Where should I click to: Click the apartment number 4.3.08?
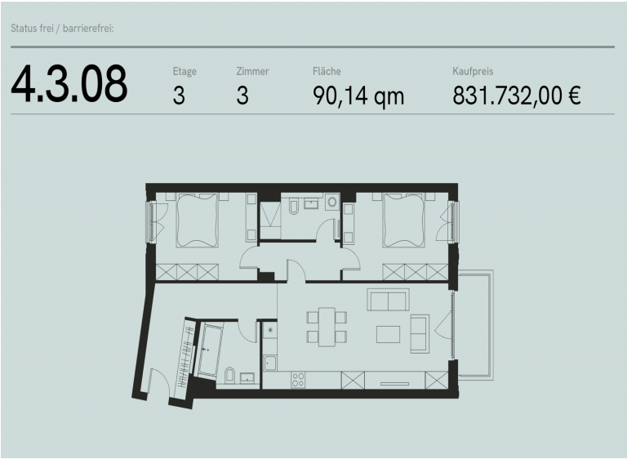coord(69,84)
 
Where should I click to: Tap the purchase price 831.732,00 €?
coord(516,96)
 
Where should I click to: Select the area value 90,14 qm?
coord(358,97)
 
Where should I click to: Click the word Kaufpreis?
coord(473,71)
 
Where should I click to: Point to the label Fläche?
coord(327,71)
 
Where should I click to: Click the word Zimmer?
coord(252,71)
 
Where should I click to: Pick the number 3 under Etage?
coord(179,96)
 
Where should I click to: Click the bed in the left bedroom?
coord(198,220)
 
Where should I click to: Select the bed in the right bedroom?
coord(403,220)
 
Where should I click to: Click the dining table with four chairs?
coord(327,327)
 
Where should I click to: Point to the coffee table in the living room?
coord(388,334)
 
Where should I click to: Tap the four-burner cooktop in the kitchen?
coord(298,380)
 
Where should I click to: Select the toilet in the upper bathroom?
coord(293,207)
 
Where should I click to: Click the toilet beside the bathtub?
coord(230,375)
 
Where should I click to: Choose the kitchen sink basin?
coord(270,363)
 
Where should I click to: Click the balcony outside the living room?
coord(476,325)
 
